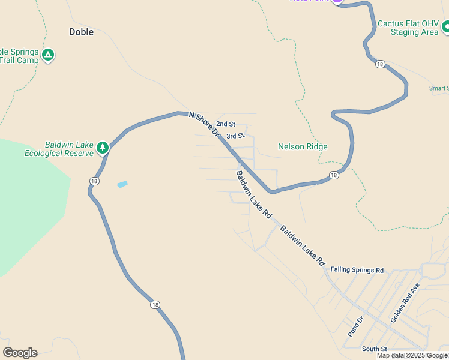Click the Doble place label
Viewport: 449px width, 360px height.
tap(82, 32)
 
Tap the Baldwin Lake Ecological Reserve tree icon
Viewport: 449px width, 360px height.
tap(103, 147)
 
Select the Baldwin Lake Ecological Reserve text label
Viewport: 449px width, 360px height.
tap(59, 149)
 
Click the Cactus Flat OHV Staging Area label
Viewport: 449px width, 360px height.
tap(408, 28)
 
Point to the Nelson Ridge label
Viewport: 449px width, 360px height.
tap(303, 146)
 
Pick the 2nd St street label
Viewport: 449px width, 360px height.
tap(226, 124)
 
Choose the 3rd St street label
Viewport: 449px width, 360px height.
tap(235, 136)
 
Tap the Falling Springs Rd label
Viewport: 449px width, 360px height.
tap(357, 270)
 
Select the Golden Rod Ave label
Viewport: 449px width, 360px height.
tap(404, 304)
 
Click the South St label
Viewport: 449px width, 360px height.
tap(374, 349)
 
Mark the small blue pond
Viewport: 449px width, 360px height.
tap(122, 184)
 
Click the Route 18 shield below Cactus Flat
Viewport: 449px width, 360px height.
tap(381, 64)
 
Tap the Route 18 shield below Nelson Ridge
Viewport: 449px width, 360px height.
tap(334, 175)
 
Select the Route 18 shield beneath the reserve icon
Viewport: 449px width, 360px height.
tap(95, 181)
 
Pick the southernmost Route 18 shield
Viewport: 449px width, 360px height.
tap(156, 305)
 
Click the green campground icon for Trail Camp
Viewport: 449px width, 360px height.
tap(49, 55)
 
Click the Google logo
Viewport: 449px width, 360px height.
tap(20, 353)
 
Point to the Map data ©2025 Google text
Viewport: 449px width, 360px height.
tap(412, 356)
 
